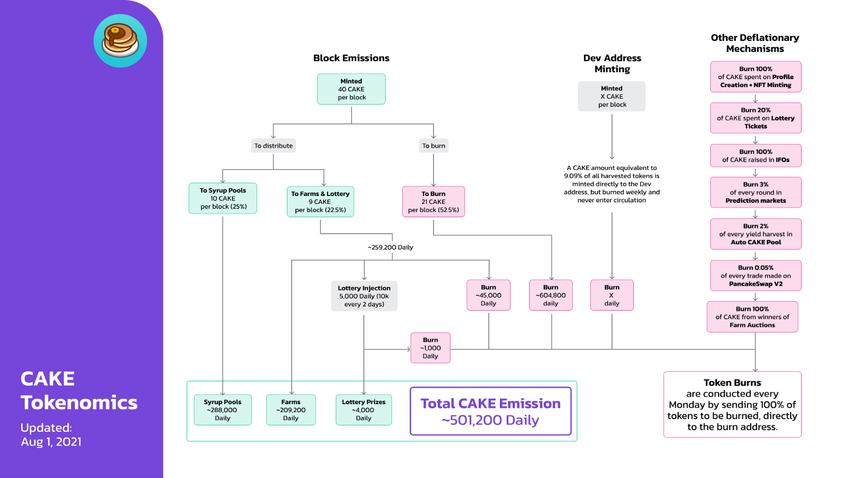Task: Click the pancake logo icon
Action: click(x=120, y=41)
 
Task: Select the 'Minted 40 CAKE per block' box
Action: click(x=351, y=89)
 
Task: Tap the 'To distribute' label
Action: click(x=273, y=146)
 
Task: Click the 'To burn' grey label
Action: click(x=433, y=146)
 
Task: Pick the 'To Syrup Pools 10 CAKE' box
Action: click(x=223, y=199)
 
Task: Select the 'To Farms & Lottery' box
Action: click(x=320, y=202)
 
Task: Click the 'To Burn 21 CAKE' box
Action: click(x=433, y=202)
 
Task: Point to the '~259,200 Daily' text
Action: click(x=390, y=247)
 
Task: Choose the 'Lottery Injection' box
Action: click(x=364, y=296)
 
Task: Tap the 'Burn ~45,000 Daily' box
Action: click(x=488, y=295)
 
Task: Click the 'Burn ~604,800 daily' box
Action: click(x=550, y=295)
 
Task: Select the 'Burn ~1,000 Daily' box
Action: click(x=430, y=348)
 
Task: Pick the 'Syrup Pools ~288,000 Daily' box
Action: click(x=223, y=410)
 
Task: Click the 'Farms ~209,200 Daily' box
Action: click(x=291, y=410)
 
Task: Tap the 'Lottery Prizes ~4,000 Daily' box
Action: click(x=363, y=410)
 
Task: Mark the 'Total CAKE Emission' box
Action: click(x=490, y=411)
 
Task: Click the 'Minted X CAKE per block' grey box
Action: click(x=611, y=97)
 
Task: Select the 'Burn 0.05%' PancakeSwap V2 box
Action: click(x=755, y=276)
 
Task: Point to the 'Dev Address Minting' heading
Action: click(x=612, y=63)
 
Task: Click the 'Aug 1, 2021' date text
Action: click(x=52, y=442)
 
